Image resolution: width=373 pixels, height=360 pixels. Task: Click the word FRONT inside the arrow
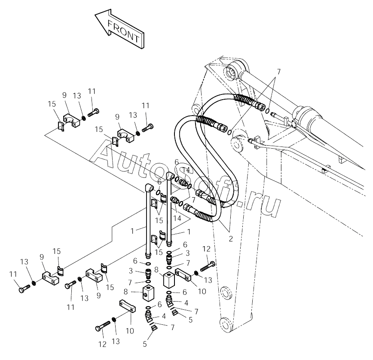point(124,31)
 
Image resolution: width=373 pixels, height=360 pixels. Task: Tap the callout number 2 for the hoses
point(231,239)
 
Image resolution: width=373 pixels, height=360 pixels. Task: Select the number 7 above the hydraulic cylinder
point(278,72)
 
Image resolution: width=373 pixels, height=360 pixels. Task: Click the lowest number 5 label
point(145,344)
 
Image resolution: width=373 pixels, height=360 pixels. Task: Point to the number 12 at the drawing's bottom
point(103,344)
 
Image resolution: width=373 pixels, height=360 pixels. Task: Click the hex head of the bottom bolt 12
point(98,329)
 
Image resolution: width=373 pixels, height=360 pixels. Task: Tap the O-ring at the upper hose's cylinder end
point(267,111)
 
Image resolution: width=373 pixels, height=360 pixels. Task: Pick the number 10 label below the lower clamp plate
point(130,331)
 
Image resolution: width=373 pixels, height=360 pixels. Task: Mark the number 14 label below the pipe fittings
point(177,218)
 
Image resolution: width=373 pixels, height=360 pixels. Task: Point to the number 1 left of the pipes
point(132,231)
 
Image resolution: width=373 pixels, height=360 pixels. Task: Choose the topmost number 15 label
point(52,104)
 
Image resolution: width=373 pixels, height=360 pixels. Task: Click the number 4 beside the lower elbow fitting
point(164,317)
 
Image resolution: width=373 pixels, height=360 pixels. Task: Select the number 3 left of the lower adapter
point(131,271)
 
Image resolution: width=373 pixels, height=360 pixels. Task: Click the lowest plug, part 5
point(154,328)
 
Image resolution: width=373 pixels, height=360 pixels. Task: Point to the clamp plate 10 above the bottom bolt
point(127,306)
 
